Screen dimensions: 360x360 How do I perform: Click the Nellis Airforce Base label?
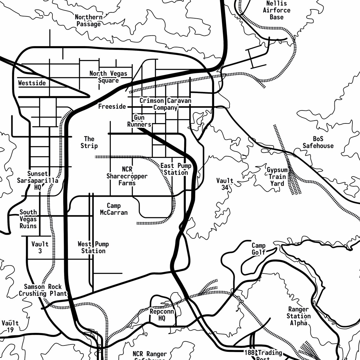[276, 10]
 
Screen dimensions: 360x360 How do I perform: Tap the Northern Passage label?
[89, 21]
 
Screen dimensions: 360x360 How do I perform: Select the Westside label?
[32, 83]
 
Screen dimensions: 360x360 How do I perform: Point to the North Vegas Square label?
[108, 77]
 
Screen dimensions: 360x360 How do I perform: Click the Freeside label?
[112, 106]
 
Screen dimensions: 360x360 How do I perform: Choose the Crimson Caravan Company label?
[165, 104]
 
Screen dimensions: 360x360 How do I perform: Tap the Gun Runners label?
[139, 121]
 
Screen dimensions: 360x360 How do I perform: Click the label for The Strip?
[89, 142]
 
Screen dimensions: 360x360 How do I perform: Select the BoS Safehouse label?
[318, 142]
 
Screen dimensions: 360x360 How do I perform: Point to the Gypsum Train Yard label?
[277, 177]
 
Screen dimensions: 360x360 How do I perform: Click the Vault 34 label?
[225, 184]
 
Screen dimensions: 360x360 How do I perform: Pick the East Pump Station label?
[176, 169]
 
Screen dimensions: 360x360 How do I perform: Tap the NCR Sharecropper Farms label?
[127, 176]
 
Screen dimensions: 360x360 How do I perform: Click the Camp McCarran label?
[114, 209]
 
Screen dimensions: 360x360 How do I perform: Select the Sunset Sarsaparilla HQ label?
[38, 180]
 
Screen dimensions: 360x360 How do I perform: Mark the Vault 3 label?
[40, 247]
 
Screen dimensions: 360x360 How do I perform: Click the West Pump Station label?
[93, 247]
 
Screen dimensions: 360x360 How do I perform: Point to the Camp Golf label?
[258, 249]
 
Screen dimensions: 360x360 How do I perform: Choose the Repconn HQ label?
[162, 315]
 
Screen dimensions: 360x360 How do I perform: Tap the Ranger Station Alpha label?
[298, 316]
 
